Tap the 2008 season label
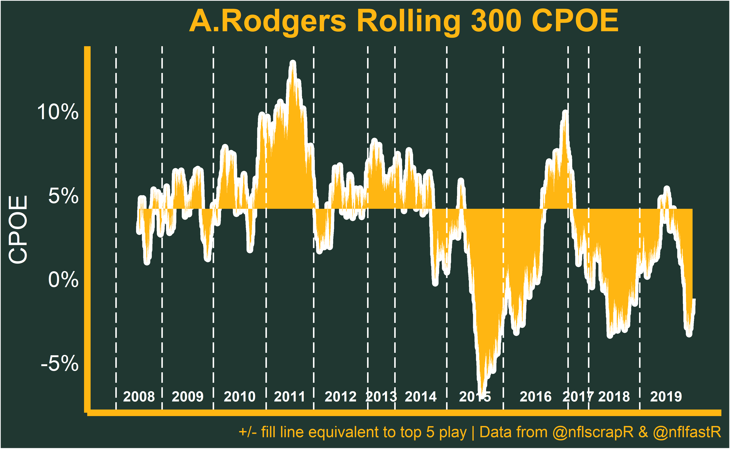139,397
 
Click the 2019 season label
666,397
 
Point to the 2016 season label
535,397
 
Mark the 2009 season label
188,397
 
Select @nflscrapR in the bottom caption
593,432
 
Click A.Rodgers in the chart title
267,21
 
